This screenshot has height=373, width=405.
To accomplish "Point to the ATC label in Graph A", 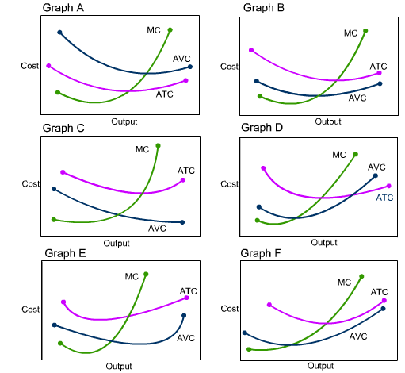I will coord(164,94).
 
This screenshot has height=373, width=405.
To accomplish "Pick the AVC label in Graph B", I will coord(357,98).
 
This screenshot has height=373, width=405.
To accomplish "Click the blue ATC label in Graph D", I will coord(384,198).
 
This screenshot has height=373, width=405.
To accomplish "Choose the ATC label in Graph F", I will coord(379,292).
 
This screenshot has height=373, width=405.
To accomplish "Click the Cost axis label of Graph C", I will coord(31,184).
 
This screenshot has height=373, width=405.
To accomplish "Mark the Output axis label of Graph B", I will coord(327,121).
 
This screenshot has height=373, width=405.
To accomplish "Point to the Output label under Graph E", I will coord(120,367).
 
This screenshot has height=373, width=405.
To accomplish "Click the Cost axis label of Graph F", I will coord(229,308).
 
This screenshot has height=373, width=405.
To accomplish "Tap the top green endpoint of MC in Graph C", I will coord(158,146).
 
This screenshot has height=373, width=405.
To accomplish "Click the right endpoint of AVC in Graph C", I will coord(182,222).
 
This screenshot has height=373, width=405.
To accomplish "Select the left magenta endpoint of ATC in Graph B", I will coord(251,50).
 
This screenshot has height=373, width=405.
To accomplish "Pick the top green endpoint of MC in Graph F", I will coord(361,276).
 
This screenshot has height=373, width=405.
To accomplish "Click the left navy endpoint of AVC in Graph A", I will coord(59,33).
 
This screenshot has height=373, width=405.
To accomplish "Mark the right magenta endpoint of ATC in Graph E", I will coord(187,298).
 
